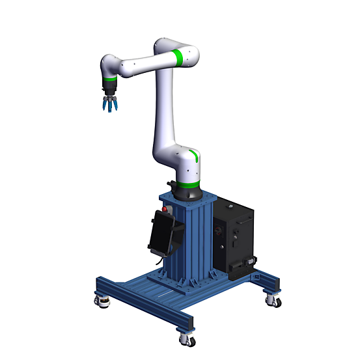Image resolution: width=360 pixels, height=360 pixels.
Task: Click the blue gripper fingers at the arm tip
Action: pyautogui.click(x=109, y=104)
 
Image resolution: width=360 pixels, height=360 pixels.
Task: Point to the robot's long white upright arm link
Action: pyautogui.click(x=164, y=111)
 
